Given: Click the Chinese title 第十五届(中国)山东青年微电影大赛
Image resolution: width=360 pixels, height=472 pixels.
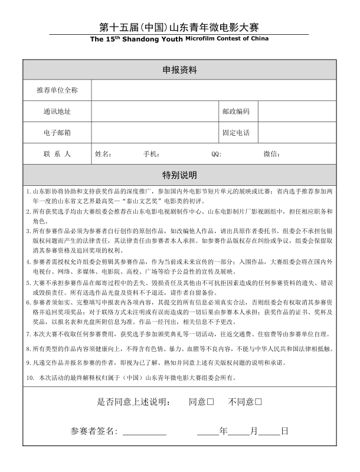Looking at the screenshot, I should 179,28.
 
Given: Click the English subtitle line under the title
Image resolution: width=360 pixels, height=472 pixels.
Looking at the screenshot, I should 179,40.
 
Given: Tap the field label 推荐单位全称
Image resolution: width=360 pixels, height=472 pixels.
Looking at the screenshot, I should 57,91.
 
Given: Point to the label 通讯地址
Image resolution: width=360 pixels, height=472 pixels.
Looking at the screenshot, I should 57,112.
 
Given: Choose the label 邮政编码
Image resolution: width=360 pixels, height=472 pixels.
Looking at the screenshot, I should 236,112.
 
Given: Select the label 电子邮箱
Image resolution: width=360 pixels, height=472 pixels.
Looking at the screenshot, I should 57,133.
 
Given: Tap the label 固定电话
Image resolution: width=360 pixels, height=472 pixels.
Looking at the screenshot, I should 236,133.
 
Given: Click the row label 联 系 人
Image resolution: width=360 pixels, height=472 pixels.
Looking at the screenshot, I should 57,154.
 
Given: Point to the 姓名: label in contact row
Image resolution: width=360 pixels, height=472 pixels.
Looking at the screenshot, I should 103,154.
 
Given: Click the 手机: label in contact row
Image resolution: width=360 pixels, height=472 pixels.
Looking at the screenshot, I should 151,154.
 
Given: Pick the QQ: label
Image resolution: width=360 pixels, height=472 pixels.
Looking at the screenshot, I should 216,154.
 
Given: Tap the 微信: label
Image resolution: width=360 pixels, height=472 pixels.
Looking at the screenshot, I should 271,154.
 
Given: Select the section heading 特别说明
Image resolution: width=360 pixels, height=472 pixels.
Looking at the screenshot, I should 179,175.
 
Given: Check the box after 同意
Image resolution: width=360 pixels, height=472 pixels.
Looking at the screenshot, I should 210,402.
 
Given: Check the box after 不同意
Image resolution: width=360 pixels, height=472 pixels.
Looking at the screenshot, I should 258,402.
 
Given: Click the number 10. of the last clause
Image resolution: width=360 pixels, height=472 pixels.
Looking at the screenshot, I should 30,377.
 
